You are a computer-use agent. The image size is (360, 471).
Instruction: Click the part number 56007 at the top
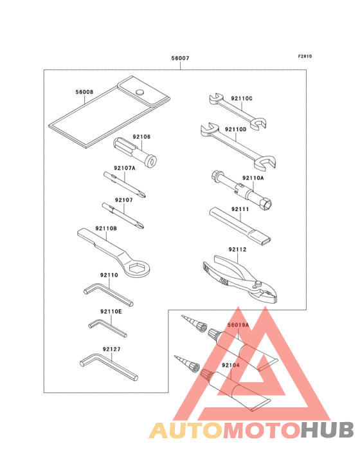tap(180, 59)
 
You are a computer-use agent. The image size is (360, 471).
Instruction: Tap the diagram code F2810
tap(305, 56)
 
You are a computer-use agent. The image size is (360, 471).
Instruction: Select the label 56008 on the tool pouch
tap(84, 93)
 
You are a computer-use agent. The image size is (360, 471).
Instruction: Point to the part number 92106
tap(141, 136)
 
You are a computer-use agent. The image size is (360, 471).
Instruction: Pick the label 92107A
tap(124, 168)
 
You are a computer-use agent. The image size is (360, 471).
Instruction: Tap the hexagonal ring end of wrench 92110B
tap(137, 270)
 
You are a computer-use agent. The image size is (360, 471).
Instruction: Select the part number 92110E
tap(111, 311)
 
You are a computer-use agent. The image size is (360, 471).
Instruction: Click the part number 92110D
tap(235, 129)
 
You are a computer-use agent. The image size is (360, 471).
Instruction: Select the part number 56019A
tap(237, 326)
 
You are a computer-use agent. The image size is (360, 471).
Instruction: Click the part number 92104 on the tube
tap(231, 365)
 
